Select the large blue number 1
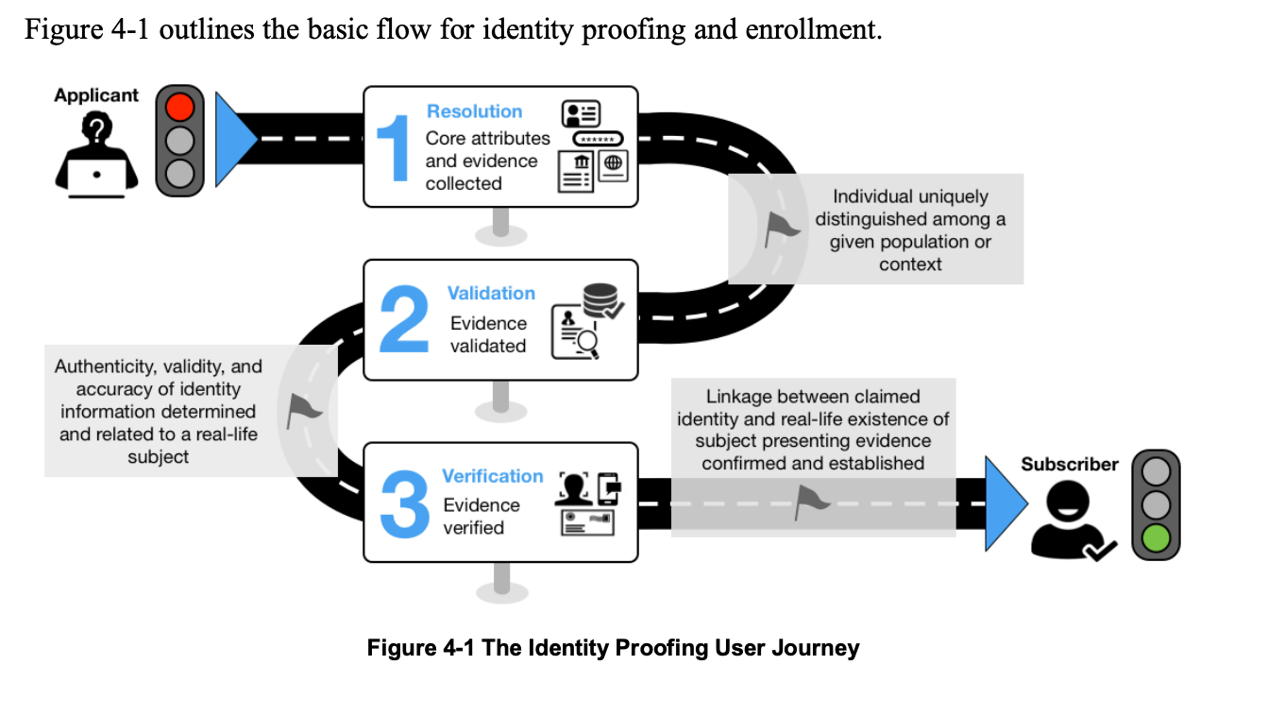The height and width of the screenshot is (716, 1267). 392,146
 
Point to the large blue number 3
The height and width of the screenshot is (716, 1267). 404,503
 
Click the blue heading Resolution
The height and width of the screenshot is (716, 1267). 474,111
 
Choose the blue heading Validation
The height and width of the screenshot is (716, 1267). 491,294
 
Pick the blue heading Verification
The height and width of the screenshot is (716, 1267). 492,476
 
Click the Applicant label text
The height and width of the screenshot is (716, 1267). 96,95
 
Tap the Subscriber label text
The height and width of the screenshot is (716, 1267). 1069,465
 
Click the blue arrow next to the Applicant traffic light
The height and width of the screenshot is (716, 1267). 234,139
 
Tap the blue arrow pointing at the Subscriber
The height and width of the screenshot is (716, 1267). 1004,503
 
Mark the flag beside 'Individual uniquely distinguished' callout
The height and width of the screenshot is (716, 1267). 780,228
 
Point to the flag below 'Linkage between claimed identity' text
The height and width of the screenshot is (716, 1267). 809,503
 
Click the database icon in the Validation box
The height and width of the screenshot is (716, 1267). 597,299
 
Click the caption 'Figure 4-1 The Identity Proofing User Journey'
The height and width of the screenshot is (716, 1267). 613,648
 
